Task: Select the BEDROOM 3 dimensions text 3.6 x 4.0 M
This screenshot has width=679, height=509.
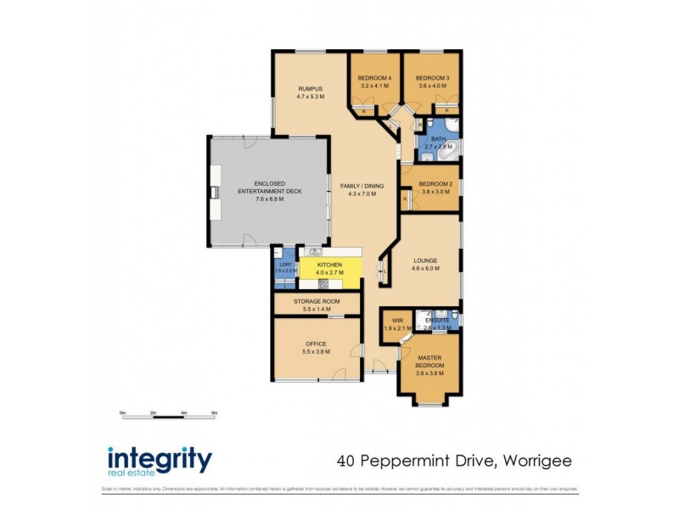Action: (x=433, y=85)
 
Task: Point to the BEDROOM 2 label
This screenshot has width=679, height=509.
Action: (x=435, y=184)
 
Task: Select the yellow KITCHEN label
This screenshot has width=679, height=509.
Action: (x=329, y=266)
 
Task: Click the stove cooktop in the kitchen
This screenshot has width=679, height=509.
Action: (x=323, y=284)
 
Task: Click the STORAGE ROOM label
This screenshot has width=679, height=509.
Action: (x=317, y=301)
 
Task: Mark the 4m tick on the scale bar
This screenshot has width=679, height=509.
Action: (x=184, y=413)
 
